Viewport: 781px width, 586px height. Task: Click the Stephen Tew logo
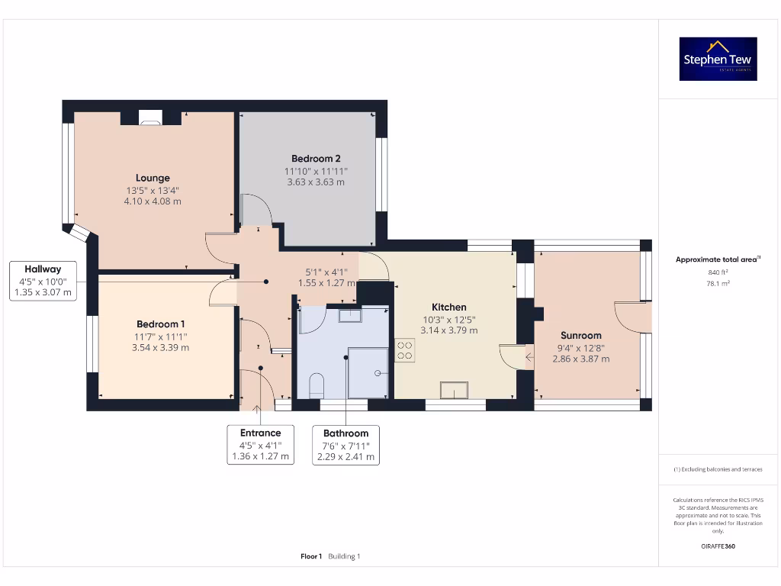pyautogui.click(x=718, y=60)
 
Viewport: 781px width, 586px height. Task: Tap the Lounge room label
pyautogui.click(x=153, y=178)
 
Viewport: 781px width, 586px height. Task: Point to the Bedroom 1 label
pyautogui.click(x=160, y=324)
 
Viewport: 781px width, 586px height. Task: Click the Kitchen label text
pyautogui.click(x=448, y=307)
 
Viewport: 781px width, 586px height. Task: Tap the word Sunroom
pyautogui.click(x=581, y=335)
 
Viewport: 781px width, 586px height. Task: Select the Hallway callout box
pyautogui.click(x=43, y=280)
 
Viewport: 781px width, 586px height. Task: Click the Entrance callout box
pyautogui.click(x=261, y=445)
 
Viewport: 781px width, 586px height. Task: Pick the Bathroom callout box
pyautogui.click(x=346, y=445)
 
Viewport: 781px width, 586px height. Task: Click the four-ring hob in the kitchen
pyautogui.click(x=404, y=350)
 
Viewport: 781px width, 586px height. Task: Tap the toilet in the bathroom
pyautogui.click(x=318, y=385)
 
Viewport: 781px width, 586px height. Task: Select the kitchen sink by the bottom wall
pyautogui.click(x=453, y=389)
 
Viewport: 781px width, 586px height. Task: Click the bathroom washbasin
pyautogui.click(x=350, y=314)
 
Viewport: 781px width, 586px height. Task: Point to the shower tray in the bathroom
pyautogui.click(x=368, y=373)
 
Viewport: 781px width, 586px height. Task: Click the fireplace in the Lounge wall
pyautogui.click(x=150, y=117)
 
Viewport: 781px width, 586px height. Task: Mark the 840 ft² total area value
pyautogui.click(x=718, y=272)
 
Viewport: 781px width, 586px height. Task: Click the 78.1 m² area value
pyautogui.click(x=718, y=283)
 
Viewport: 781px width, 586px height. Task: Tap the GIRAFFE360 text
pyautogui.click(x=718, y=546)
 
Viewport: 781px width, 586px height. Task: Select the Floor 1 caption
pyautogui.click(x=311, y=556)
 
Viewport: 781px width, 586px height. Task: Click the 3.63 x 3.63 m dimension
pyautogui.click(x=316, y=182)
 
